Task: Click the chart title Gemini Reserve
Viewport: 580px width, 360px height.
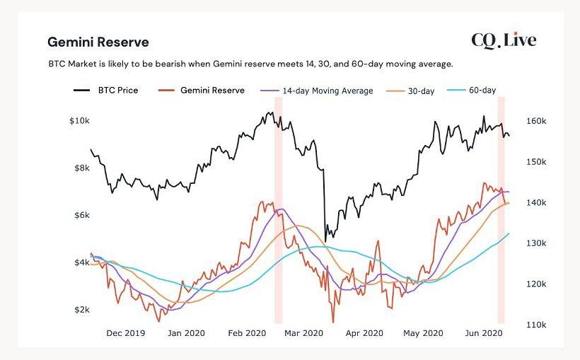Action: coord(98,42)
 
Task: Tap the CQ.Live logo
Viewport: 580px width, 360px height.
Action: coord(504,40)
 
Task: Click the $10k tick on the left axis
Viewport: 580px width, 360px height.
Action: coord(79,121)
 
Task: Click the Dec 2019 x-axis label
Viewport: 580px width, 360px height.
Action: coord(125,332)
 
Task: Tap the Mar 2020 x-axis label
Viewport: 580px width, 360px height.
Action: coord(304,332)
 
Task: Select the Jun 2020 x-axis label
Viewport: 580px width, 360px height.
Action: coord(483,332)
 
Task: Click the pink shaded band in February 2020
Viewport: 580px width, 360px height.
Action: coord(279,212)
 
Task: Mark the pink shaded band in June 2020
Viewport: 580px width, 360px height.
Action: coord(501,212)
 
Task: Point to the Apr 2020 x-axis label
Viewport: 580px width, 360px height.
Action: coord(365,332)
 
